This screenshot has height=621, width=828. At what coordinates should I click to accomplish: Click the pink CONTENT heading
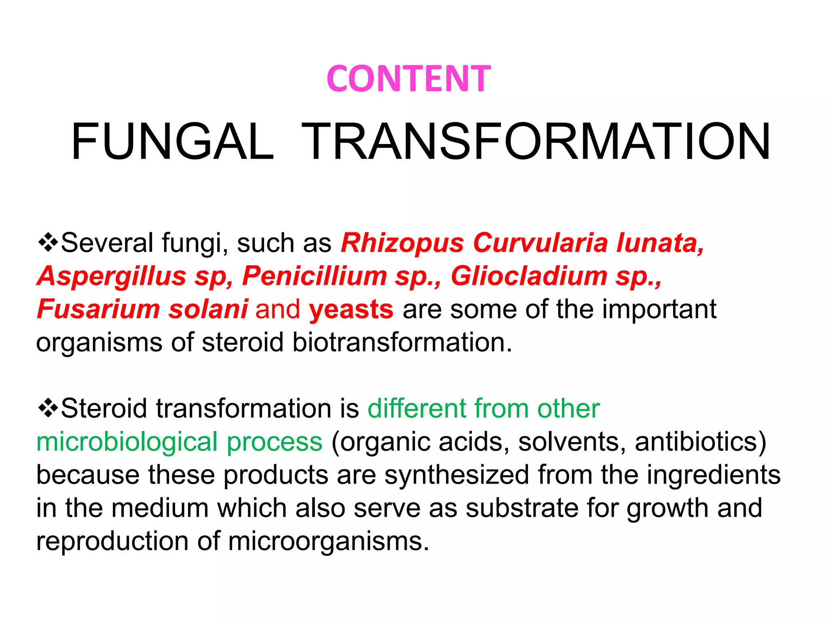[408, 78]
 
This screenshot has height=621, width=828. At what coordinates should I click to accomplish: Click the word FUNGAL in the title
[173, 142]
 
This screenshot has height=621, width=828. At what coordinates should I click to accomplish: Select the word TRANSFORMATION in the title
[536, 142]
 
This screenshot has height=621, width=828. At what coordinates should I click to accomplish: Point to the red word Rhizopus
[402, 243]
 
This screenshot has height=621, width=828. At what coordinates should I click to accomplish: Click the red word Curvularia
[540, 243]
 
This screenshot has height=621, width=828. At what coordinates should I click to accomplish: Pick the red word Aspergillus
[112, 276]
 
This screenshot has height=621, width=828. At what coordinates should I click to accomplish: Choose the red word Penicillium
[315, 276]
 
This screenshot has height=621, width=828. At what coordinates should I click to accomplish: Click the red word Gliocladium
[529, 276]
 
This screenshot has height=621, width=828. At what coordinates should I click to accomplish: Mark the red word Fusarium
[98, 309]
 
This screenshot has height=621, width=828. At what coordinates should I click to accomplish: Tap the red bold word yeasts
[351, 309]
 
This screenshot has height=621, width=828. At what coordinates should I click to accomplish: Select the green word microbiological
[127, 442]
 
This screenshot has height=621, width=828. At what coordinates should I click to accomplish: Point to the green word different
[417, 408]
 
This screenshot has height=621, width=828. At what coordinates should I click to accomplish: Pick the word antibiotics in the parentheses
[700, 441]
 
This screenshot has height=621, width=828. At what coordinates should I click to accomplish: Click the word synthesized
[456, 475]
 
